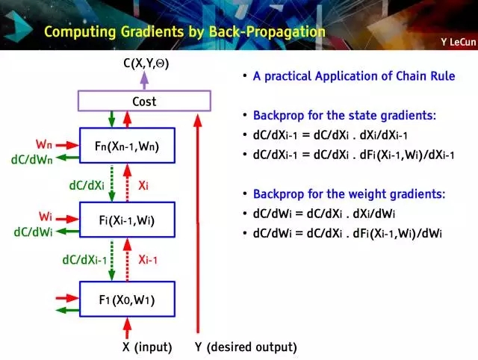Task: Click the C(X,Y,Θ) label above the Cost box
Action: point(146,64)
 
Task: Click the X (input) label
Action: point(147,347)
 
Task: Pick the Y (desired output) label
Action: point(245,347)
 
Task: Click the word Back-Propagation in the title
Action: point(273,32)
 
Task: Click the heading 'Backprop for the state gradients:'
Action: point(344,116)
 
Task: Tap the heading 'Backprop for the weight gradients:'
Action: point(349,193)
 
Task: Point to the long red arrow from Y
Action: point(198,224)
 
